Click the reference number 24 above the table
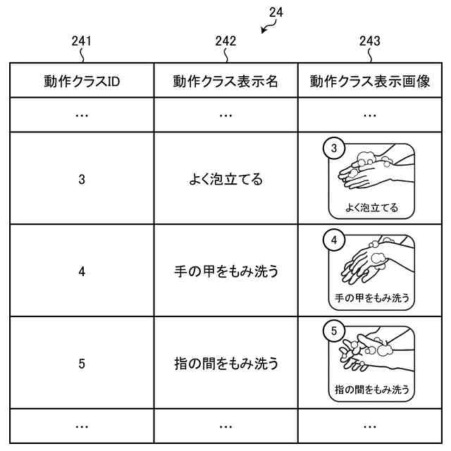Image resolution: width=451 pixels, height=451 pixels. coord(277,12)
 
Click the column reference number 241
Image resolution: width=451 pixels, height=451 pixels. coord(82,41)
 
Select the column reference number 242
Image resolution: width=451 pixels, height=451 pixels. coord(225,41)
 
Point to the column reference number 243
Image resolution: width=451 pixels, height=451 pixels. coord(369,41)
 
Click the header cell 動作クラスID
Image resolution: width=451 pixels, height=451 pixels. coord(82,81)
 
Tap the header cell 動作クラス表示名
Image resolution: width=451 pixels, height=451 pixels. coord(225,81)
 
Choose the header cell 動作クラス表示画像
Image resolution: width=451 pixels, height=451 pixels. coord(369,81)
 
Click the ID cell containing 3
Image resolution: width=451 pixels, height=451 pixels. coord(82,179)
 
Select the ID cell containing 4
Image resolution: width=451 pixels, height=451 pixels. coord(82,271)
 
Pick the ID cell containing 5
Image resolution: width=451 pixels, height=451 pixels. coord(82,364)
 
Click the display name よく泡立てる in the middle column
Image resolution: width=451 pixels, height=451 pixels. coord(225,179)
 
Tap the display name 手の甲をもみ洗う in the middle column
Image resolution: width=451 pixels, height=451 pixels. coord(225,271)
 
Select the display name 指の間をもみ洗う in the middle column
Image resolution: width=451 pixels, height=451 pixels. coord(225,364)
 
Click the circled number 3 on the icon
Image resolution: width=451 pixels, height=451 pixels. coord(334,148)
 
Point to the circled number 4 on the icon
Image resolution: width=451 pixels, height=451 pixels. coord(334,240)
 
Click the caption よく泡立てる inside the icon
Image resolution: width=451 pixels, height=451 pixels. coord(371,207)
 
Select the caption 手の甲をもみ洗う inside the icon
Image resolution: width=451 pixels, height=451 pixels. coord(371,297)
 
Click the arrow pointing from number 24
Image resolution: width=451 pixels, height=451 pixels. coord(266,27)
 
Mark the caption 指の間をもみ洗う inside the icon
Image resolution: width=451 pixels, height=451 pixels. coord(371,389)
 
